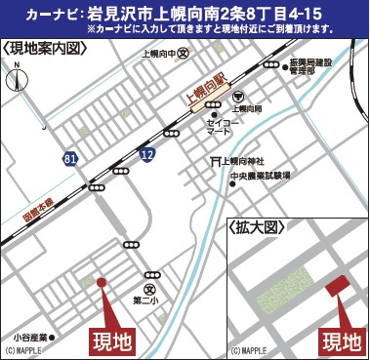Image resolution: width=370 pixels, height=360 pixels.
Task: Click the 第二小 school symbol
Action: [x=148, y=290]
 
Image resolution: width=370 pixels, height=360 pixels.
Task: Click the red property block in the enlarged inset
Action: [x=338, y=287]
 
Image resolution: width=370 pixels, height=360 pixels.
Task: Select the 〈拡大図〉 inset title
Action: [x=256, y=225]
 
